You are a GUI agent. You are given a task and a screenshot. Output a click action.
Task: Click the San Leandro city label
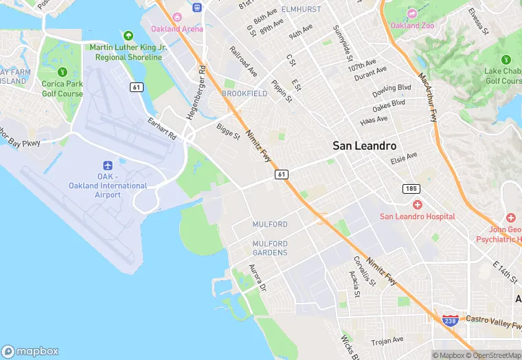tap(365, 146)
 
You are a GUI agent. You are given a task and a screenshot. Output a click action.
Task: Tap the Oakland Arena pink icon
tap(177, 16)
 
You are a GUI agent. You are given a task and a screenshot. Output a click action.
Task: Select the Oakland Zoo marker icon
tap(411, 14)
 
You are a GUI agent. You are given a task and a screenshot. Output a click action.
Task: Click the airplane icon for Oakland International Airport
tap(108, 166)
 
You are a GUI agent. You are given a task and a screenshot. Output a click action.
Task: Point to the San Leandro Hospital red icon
tap(417, 205)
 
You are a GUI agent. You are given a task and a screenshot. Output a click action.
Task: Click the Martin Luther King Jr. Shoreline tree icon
tap(128, 35)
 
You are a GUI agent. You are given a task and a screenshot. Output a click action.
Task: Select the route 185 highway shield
tap(411, 188)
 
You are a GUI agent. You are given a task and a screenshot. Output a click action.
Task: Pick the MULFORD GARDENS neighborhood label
tap(270, 248)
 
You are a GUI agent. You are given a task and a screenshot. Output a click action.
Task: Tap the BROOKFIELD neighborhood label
tap(245, 93)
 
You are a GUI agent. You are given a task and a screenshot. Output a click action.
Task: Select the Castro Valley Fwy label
tap(494, 320)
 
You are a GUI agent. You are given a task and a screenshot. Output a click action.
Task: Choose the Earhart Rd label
tap(162, 129)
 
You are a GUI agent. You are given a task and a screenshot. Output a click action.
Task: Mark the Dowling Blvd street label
tap(391, 91)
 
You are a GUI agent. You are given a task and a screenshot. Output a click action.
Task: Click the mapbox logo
tap(30, 350)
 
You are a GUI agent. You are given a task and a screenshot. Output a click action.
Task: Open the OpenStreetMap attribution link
tap(492, 355)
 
